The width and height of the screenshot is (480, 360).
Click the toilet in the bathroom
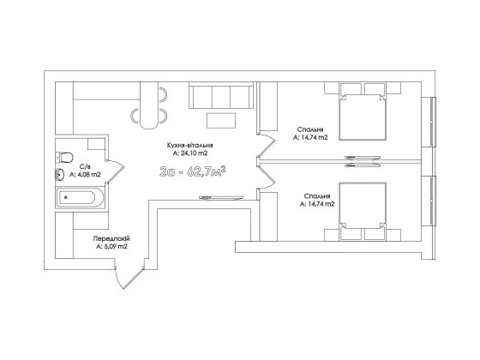tap(64, 158)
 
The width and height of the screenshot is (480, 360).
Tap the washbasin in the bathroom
tap(59, 175)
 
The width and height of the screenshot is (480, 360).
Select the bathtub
tap(81, 198)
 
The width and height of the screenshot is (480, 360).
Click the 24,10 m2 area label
tap(189, 153)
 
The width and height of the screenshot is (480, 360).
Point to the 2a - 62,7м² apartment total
tap(193, 172)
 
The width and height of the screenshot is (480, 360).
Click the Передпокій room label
tap(111, 238)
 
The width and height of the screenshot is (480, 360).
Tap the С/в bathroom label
tap(85, 167)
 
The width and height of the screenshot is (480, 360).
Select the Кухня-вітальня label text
tap(190, 146)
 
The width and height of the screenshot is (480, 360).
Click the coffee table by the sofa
tap(221, 120)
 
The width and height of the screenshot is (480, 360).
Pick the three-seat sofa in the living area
tap(221, 95)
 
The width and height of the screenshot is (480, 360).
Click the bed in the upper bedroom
tap(363, 111)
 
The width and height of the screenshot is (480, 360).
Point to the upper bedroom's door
tap(266, 146)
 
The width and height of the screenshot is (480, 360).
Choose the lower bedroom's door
tap(266, 176)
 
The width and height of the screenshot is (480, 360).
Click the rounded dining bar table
tap(149, 105)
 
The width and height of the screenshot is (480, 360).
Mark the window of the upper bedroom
tap(433, 122)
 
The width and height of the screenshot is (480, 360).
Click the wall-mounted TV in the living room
tap(221, 197)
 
